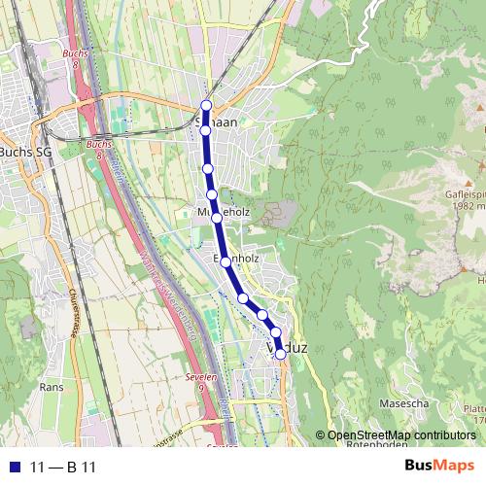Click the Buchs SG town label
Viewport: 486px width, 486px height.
pyautogui.click(x=25, y=152)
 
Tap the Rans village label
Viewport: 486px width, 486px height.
pyautogui.click(x=52, y=386)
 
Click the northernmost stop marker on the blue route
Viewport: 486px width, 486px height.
pyautogui.click(x=206, y=105)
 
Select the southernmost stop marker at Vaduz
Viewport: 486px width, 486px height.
pyautogui.click(x=281, y=354)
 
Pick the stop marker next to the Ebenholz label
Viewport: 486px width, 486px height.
pyautogui.click(x=226, y=261)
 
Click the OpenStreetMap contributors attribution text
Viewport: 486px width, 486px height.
pyautogui.click(x=400, y=435)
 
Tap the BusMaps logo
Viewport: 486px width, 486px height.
pyautogui.click(x=438, y=467)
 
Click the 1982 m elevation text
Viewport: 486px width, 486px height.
pyautogui.click(x=467, y=206)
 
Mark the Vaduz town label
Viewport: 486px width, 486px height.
pyautogui.click(x=285, y=347)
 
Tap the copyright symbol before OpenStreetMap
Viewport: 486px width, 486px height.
pyautogui.click(x=320, y=435)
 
